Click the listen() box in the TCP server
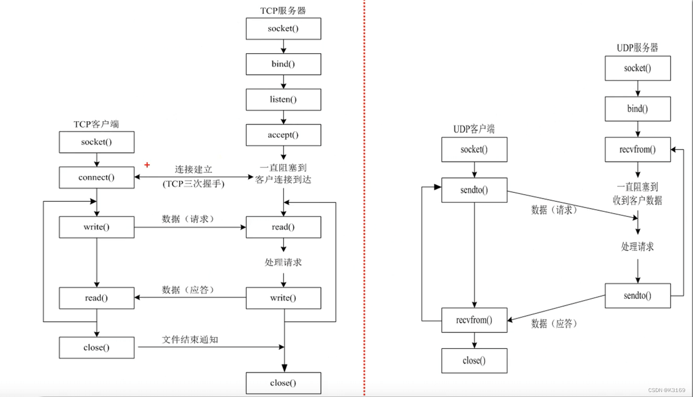283,99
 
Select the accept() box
283,135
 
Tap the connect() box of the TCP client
96,177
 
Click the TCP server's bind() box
283,64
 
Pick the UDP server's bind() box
637,109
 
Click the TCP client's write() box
96,227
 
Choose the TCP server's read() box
283,227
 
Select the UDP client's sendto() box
475,190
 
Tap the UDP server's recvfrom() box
637,150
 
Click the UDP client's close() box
475,361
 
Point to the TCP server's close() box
283,383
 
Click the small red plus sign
147,164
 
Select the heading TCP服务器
283,10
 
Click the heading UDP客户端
474,129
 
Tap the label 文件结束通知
190,340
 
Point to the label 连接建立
193,170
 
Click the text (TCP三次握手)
193,184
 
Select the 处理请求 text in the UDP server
637,246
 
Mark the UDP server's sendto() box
637,296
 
